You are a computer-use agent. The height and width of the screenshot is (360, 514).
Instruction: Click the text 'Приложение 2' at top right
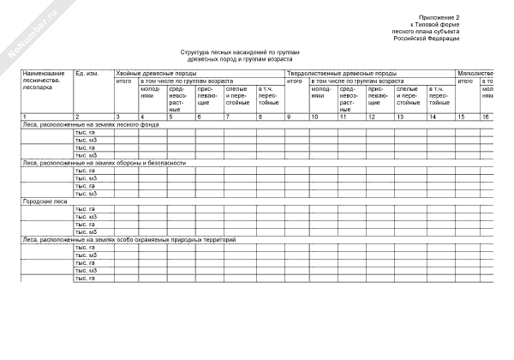(439, 17)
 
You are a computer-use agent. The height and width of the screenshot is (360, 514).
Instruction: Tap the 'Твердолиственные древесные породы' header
(342, 74)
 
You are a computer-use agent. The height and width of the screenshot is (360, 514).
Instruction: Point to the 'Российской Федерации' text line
(427, 39)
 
